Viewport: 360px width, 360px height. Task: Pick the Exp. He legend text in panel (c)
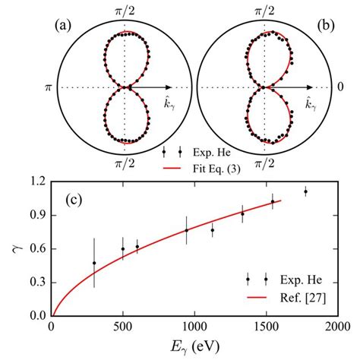[x=292, y=279]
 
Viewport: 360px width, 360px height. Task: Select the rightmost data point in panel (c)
[x=305, y=191]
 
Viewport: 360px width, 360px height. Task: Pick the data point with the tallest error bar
[x=94, y=263]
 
